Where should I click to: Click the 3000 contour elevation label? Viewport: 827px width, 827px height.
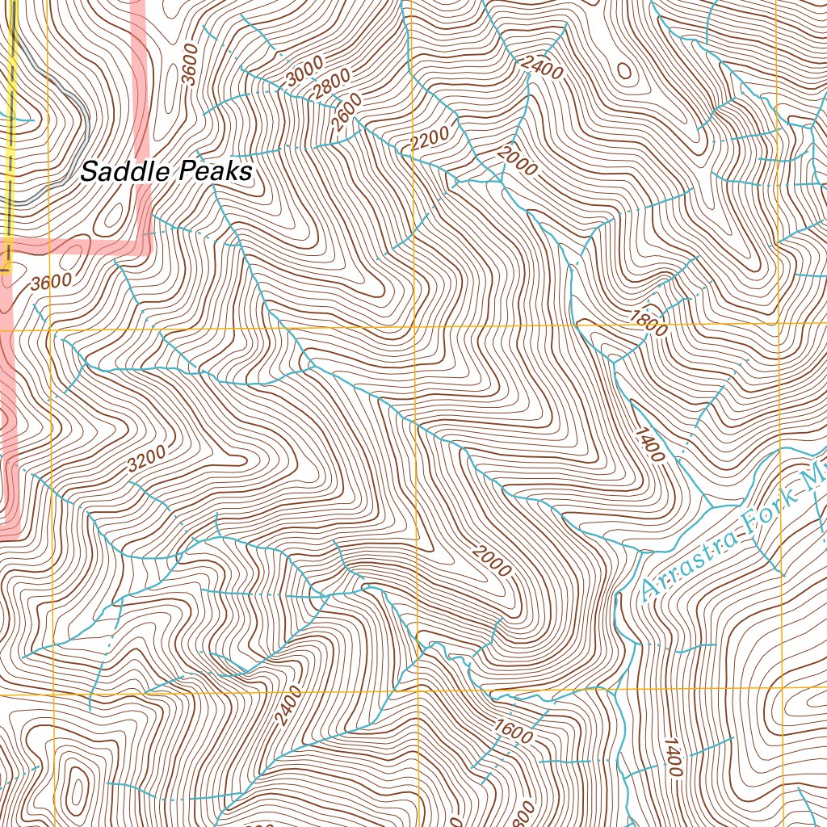(x=304, y=71)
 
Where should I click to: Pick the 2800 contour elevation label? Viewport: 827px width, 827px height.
(x=333, y=85)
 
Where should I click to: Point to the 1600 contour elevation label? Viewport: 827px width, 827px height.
(x=514, y=731)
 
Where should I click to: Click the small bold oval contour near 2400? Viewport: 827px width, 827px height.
(x=624, y=70)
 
